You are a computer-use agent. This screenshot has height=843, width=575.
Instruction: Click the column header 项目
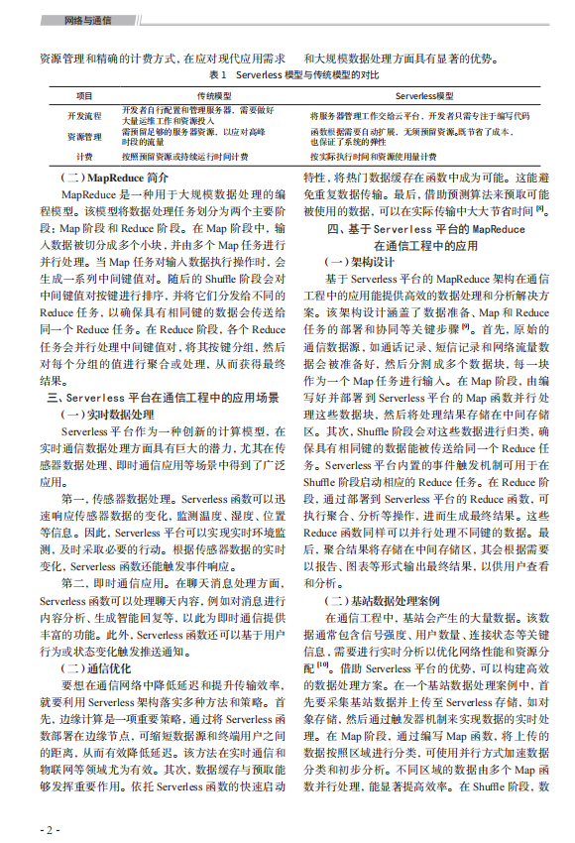(x=84, y=96)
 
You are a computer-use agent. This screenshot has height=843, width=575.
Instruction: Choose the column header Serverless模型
(x=424, y=96)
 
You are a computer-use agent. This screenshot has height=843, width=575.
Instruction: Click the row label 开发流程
(x=84, y=115)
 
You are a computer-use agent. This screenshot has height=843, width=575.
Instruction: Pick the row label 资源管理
(x=84, y=136)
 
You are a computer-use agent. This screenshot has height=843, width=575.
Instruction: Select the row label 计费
(x=84, y=156)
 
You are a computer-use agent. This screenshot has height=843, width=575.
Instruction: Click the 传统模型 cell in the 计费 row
(x=184, y=156)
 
